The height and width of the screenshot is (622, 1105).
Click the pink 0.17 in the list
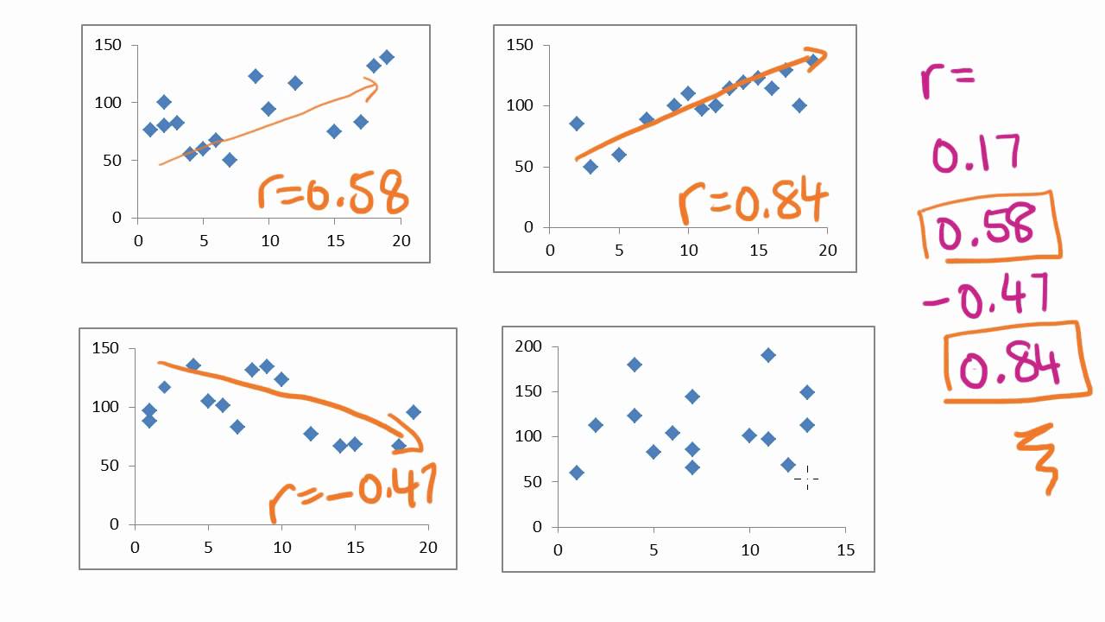pos(976,153)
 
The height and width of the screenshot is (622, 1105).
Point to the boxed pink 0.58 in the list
pos(986,226)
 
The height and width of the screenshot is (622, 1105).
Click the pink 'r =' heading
pos(945,79)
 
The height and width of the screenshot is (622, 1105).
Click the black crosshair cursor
pos(806,478)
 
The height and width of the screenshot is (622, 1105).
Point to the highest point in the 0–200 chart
pos(768,355)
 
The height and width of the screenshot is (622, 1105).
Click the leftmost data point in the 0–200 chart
pos(577,473)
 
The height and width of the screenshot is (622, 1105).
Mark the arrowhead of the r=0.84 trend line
pos(818,57)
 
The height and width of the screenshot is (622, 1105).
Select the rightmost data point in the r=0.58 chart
pos(387,57)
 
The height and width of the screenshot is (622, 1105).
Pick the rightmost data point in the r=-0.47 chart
pos(414,412)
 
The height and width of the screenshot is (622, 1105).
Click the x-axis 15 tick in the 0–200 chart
pos(845,549)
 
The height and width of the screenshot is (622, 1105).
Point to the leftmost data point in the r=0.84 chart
pos(577,124)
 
